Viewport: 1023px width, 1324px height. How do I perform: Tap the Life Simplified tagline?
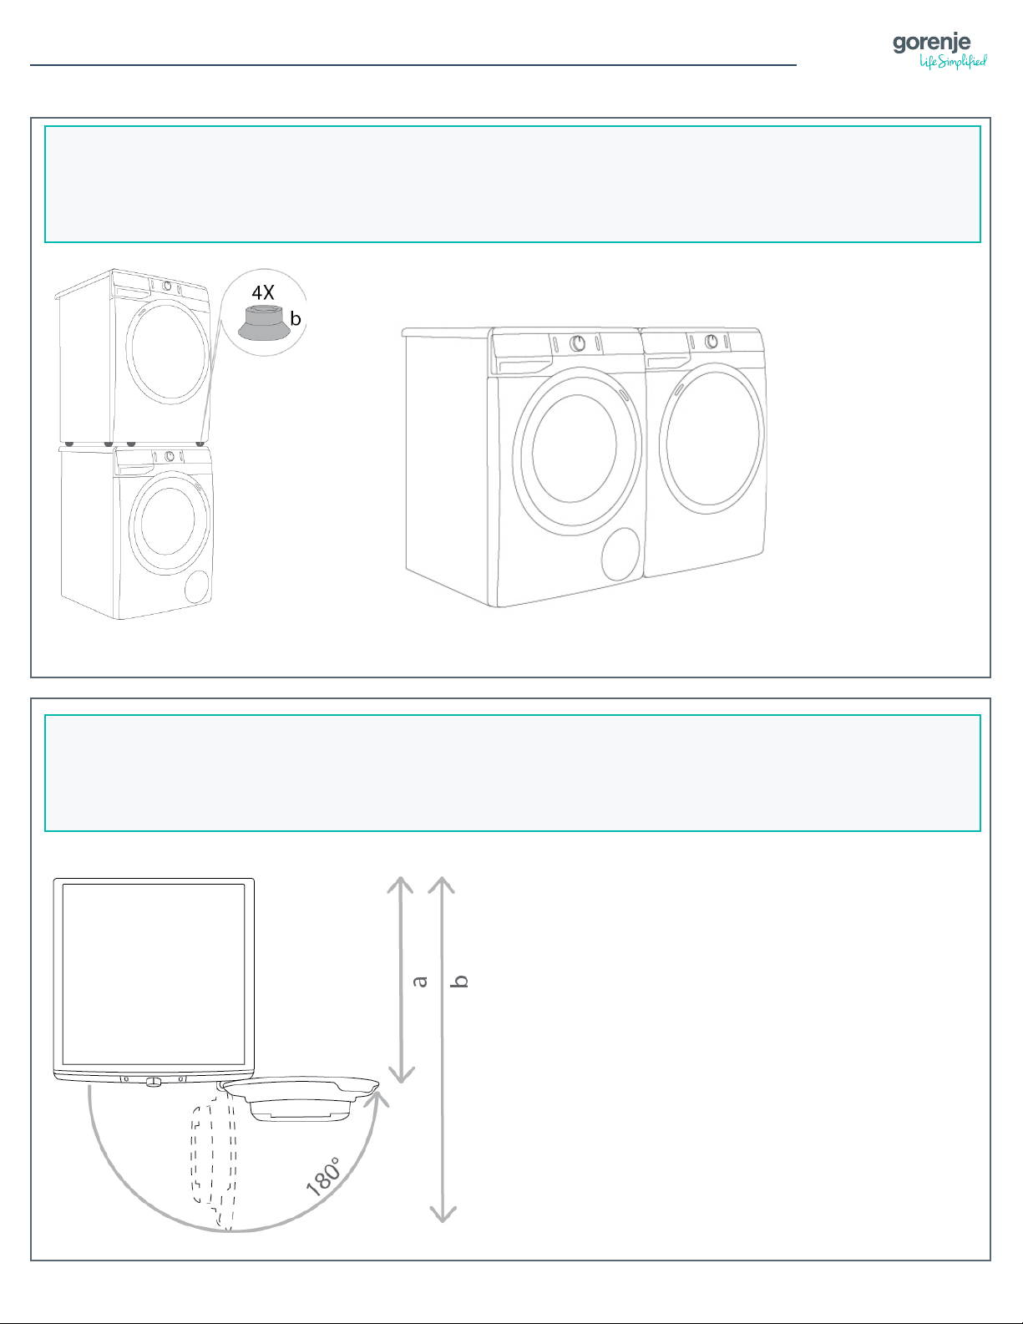pos(953,62)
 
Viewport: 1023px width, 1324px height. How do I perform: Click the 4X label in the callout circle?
pos(263,293)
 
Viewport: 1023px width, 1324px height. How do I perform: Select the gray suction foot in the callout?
pos(264,323)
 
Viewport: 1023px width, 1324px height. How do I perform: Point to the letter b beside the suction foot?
pos(296,318)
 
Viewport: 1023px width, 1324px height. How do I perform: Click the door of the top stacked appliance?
pos(169,351)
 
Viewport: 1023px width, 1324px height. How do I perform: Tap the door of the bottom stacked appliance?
pos(170,523)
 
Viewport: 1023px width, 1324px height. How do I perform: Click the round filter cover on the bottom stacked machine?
pos(197,586)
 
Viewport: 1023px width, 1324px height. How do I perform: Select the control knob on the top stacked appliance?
pos(167,285)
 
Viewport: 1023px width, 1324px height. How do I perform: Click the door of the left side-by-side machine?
pos(577,451)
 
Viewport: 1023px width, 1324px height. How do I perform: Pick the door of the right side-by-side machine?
pos(712,438)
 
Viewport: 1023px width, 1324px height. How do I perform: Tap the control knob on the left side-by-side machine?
pos(577,343)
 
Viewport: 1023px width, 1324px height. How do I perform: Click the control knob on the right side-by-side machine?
pos(712,342)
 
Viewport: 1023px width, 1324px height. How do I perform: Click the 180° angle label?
pos(323,1176)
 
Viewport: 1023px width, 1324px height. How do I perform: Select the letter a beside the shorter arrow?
pos(419,981)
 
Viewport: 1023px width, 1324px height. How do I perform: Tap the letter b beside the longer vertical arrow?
pos(460,981)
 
